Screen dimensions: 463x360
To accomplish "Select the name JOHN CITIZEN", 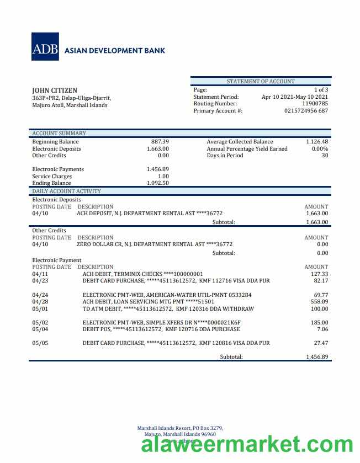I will [55, 91].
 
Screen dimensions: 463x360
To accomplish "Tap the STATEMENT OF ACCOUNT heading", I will [261, 82].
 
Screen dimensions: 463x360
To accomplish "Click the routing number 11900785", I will [315, 104].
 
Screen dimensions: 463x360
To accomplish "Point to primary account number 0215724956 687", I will [306, 111].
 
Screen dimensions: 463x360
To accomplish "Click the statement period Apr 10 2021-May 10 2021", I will [294, 97].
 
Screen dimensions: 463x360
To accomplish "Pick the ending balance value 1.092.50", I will [157, 183].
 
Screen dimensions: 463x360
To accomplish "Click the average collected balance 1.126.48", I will [316, 142].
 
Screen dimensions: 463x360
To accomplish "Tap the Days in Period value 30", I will [325, 156].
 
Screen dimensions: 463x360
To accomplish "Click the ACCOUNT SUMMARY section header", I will [59, 134].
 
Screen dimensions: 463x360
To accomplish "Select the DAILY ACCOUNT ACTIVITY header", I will [66, 191].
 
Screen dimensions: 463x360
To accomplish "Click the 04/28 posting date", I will [40, 302].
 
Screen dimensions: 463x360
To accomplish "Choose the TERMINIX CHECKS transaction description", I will [142, 274].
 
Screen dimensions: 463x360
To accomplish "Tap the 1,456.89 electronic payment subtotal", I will [317, 357].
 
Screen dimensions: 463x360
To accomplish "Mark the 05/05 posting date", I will [40, 343].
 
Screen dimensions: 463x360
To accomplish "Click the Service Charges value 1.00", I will [163, 177].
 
